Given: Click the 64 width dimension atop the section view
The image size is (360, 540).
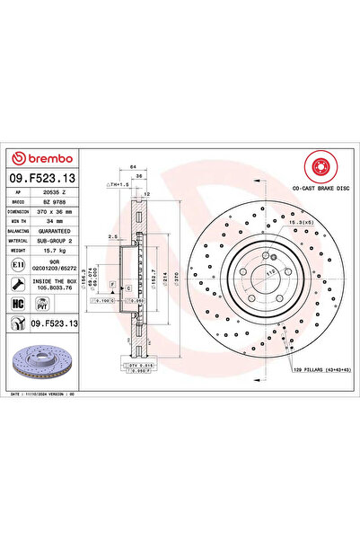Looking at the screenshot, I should pos(132,167).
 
